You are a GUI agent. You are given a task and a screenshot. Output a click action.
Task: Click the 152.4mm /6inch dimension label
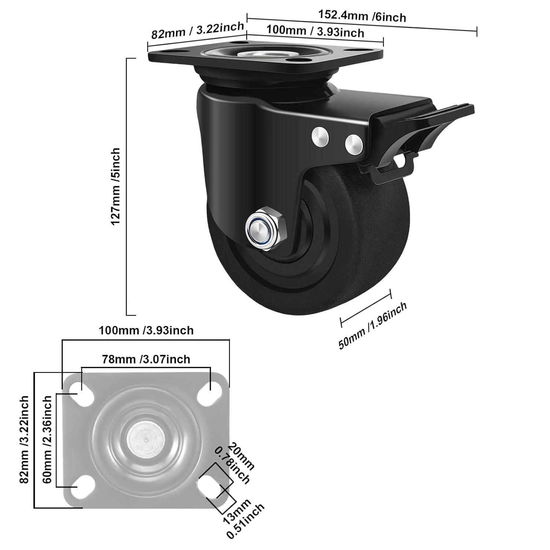pyautogui.click(x=362, y=16)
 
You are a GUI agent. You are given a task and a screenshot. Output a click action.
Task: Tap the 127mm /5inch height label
pyautogui.click(x=115, y=187)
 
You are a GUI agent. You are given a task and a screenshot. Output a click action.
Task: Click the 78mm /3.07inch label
pyautogui.click(x=146, y=359)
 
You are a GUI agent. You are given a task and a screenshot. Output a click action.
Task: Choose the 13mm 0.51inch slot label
pyautogui.click(x=243, y=518)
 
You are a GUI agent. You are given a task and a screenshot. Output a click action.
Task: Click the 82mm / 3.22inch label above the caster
pyautogui.click(x=198, y=30)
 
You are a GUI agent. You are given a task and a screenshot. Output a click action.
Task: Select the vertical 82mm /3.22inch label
pyautogui.click(x=24, y=439)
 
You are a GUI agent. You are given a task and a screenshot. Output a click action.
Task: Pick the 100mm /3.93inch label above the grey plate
pyautogui.click(x=146, y=330)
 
